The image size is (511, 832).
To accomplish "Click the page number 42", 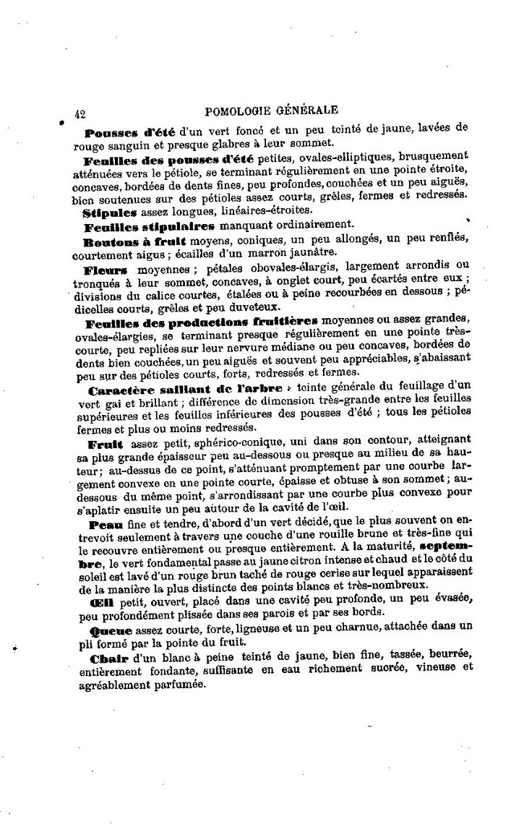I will coord(80,113).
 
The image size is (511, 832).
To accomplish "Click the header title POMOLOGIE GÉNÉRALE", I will coord(271,111).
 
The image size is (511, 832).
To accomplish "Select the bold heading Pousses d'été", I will coord(126,133).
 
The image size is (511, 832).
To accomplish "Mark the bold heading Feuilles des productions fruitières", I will coord(201,322).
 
